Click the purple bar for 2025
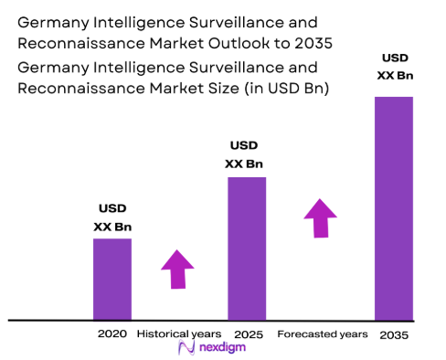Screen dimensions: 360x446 pyautogui.click(x=247, y=248)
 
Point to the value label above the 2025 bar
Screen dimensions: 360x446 pyautogui.click(x=244, y=155)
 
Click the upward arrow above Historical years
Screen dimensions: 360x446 pyautogui.click(x=177, y=268)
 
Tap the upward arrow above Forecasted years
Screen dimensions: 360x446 pyautogui.click(x=320, y=217)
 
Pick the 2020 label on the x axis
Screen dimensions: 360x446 pyautogui.click(x=111, y=334)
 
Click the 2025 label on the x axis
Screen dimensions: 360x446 pyautogui.click(x=249, y=334)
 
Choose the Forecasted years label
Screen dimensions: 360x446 pyautogui.click(x=322, y=334)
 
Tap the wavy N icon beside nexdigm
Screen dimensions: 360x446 pyautogui.click(x=186, y=348)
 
